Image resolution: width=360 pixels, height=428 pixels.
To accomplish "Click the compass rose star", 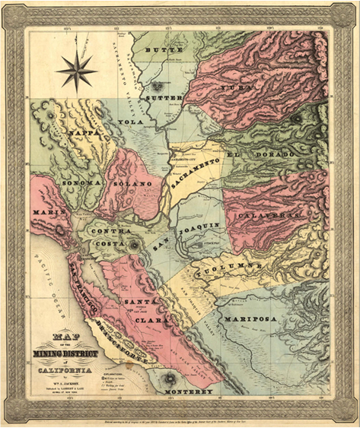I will (x=76, y=69).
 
